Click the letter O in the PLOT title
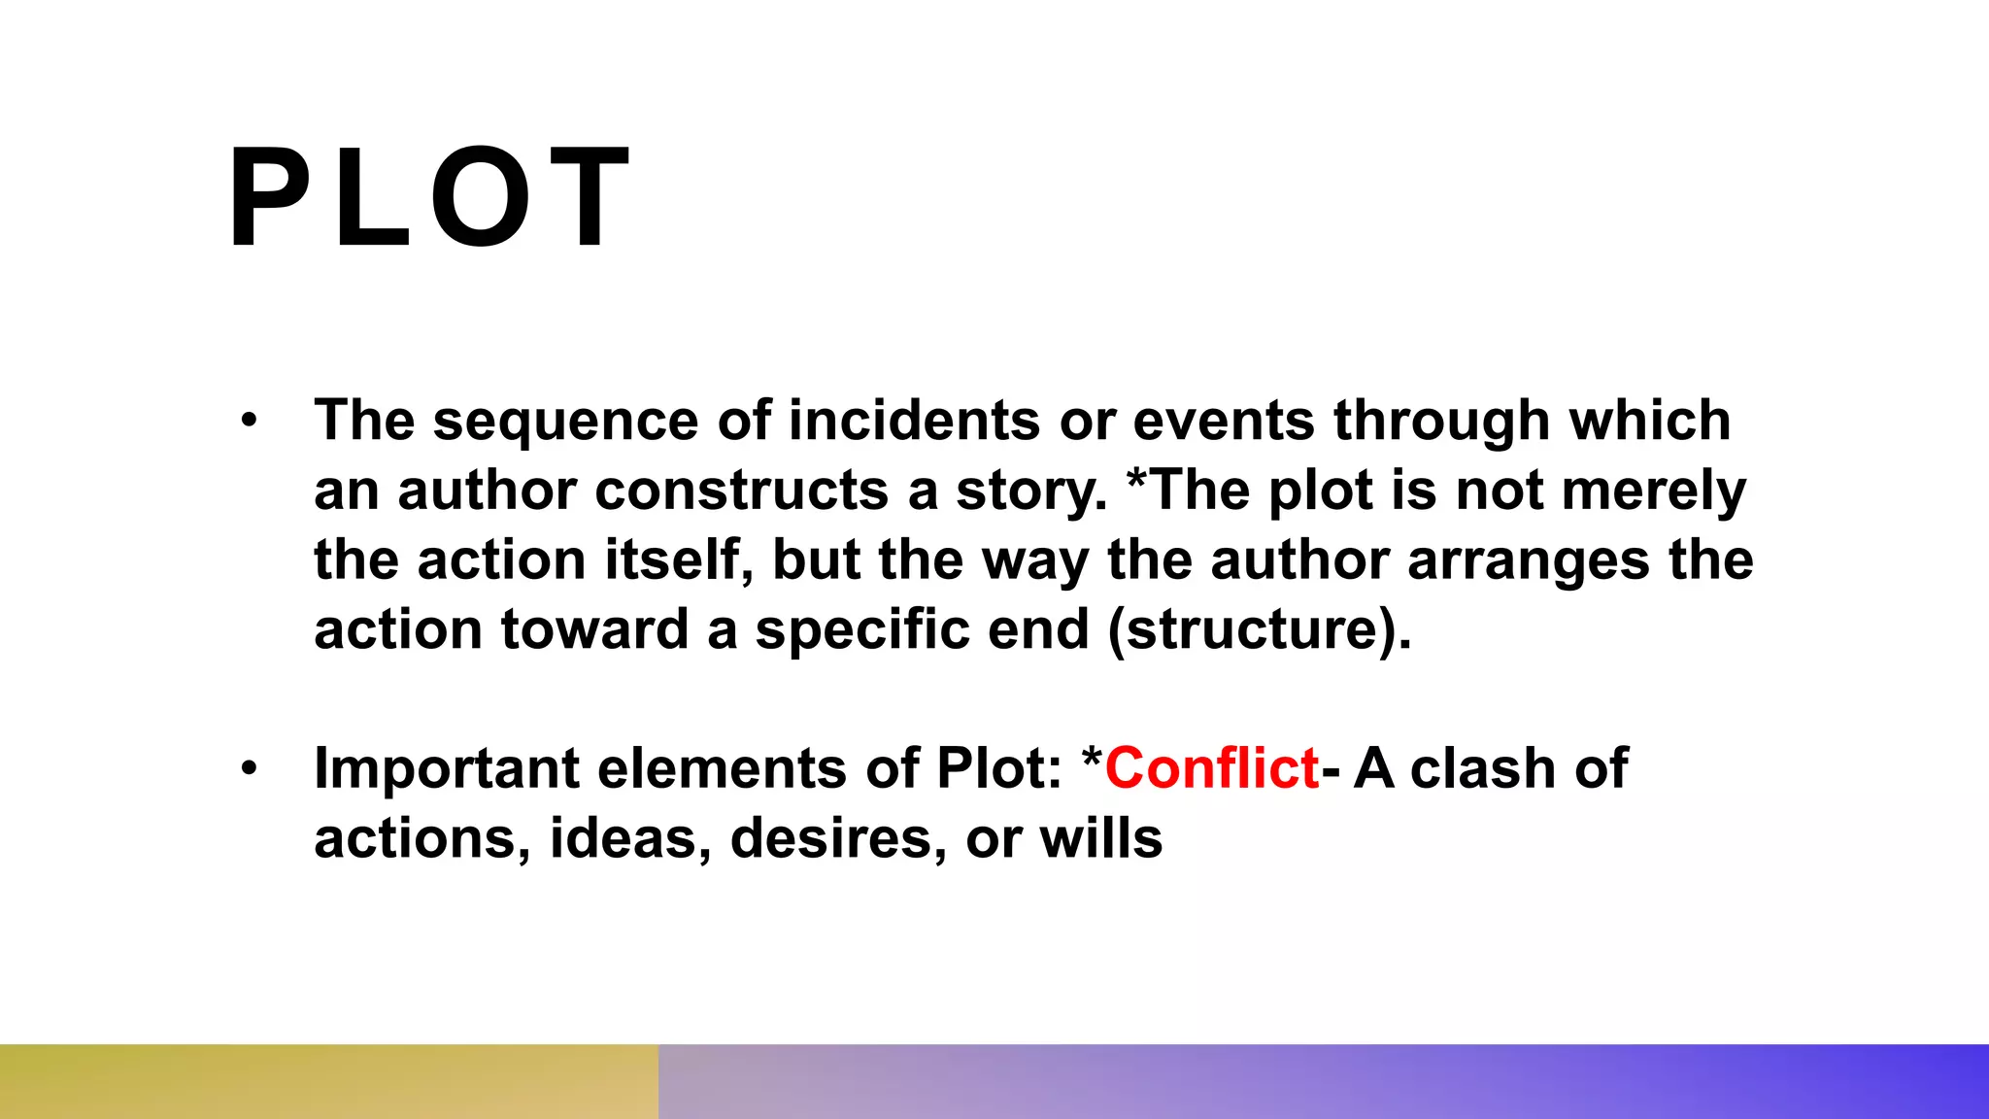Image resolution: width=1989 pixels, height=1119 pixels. pos(482,197)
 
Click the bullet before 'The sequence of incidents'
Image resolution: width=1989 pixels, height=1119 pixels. pos(250,421)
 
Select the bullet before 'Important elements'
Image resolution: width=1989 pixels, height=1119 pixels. pos(250,768)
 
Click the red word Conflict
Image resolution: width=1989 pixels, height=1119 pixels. pos(1212,768)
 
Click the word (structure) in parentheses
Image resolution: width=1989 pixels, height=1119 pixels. pos(1259,630)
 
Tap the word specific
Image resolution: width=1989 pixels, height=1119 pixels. pos(861,630)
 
